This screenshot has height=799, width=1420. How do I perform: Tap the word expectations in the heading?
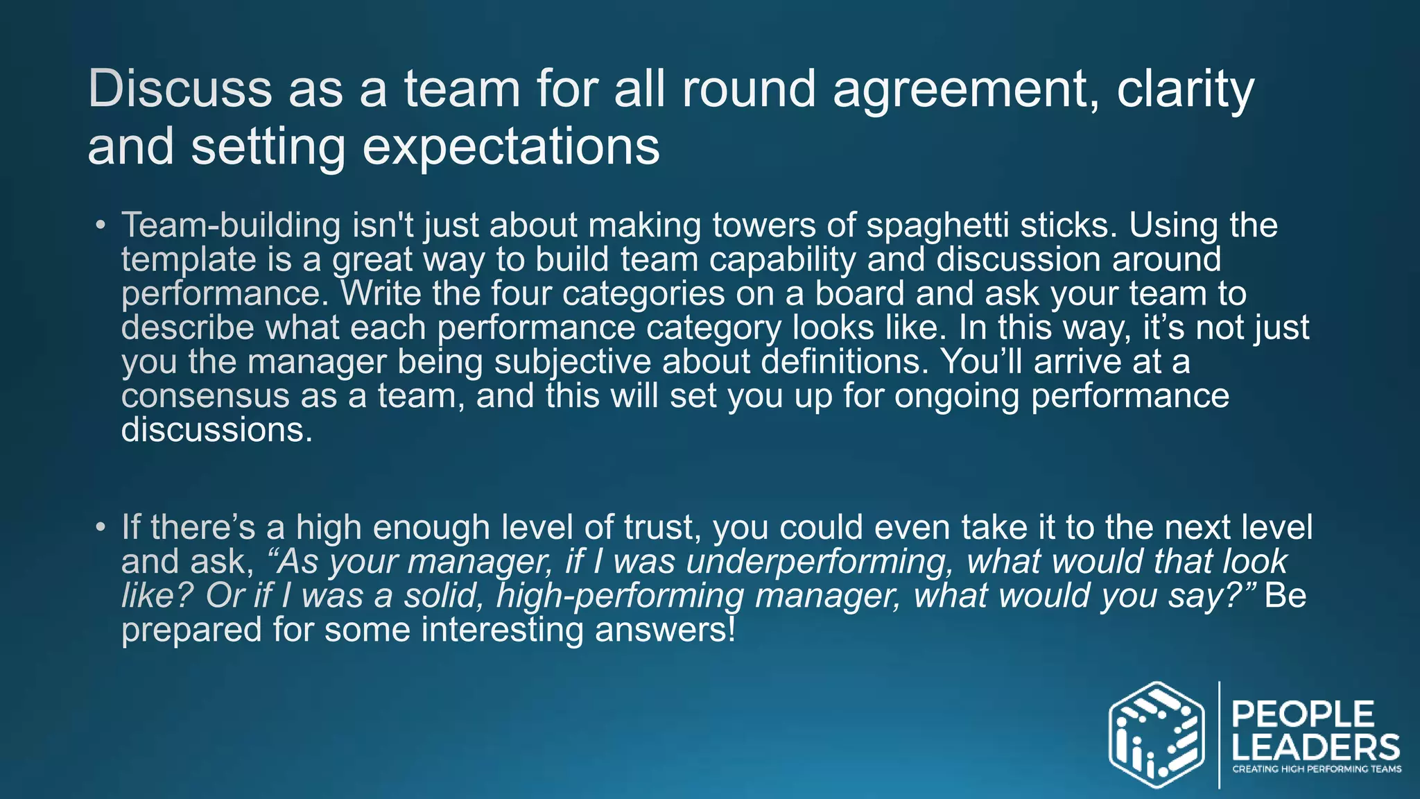click(511, 146)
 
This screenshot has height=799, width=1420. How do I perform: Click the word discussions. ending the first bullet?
click(216, 429)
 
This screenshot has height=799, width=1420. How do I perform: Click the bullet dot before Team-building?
click(101, 225)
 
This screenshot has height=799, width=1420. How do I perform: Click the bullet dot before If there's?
click(101, 527)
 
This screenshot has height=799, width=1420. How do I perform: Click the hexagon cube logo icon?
click(1155, 734)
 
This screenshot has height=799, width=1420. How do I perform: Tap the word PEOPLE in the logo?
click(1302, 714)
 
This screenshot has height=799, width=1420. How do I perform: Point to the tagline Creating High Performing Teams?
click(1316, 769)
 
